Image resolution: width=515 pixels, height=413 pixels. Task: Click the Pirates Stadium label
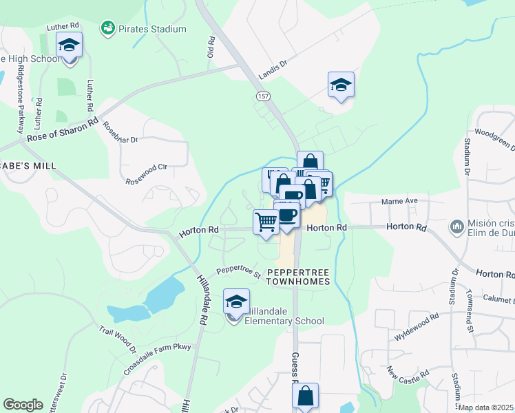[x=151, y=29]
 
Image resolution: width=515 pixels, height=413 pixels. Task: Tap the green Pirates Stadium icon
[x=108, y=28]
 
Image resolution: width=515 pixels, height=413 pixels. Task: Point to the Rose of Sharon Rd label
[x=62, y=129]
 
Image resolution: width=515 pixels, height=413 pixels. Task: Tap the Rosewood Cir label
[x=147, y=175]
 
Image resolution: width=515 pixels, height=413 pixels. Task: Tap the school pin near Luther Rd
[x=69, y=45]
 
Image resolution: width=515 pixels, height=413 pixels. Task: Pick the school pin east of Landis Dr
[x=341, y=85]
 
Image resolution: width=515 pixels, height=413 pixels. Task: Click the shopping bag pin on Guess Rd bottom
[x=305, y=396]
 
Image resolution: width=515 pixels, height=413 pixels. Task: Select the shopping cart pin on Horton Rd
[x=266, y=222]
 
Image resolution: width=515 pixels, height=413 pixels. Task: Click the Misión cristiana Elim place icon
[x=456, y=226]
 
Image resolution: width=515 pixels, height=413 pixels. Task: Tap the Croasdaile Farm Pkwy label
[x=156, y=349]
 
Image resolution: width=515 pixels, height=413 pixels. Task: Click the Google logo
[x=23, y=404]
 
